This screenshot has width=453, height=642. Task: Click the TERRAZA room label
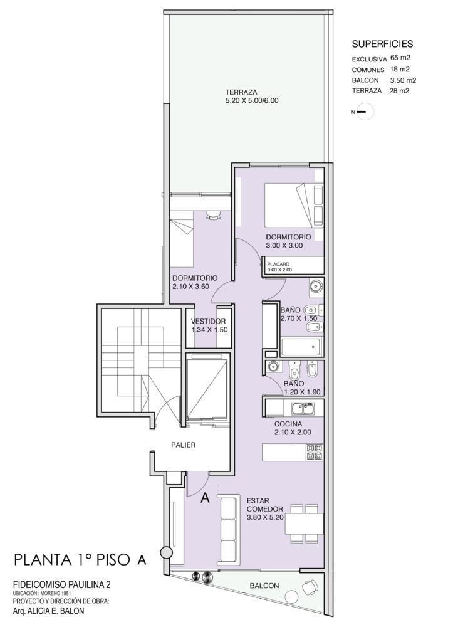tap(241, 92)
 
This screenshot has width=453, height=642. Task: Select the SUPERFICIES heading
tap(383, 44)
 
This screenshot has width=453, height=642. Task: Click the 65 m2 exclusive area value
tap(400, 58)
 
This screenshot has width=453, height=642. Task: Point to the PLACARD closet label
tap(278, 264)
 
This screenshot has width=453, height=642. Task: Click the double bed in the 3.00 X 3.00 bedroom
tap(294, 206)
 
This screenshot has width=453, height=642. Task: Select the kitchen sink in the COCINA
tap(303, 408)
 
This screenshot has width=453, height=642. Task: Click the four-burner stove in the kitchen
tap(315, 452)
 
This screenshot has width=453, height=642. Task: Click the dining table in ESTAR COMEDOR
tap(304, 524)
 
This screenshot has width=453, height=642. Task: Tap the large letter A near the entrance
tap(205, 498)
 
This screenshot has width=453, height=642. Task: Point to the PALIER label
tap(184, 445)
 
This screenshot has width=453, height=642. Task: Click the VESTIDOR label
tap(208, 322)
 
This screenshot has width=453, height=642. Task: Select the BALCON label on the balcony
tap(264, 586)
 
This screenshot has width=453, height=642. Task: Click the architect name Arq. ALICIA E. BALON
tap(49, 611)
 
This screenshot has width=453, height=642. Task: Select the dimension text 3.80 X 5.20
tap(265, 517)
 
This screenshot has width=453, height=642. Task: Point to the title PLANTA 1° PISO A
tap(80, 560)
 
